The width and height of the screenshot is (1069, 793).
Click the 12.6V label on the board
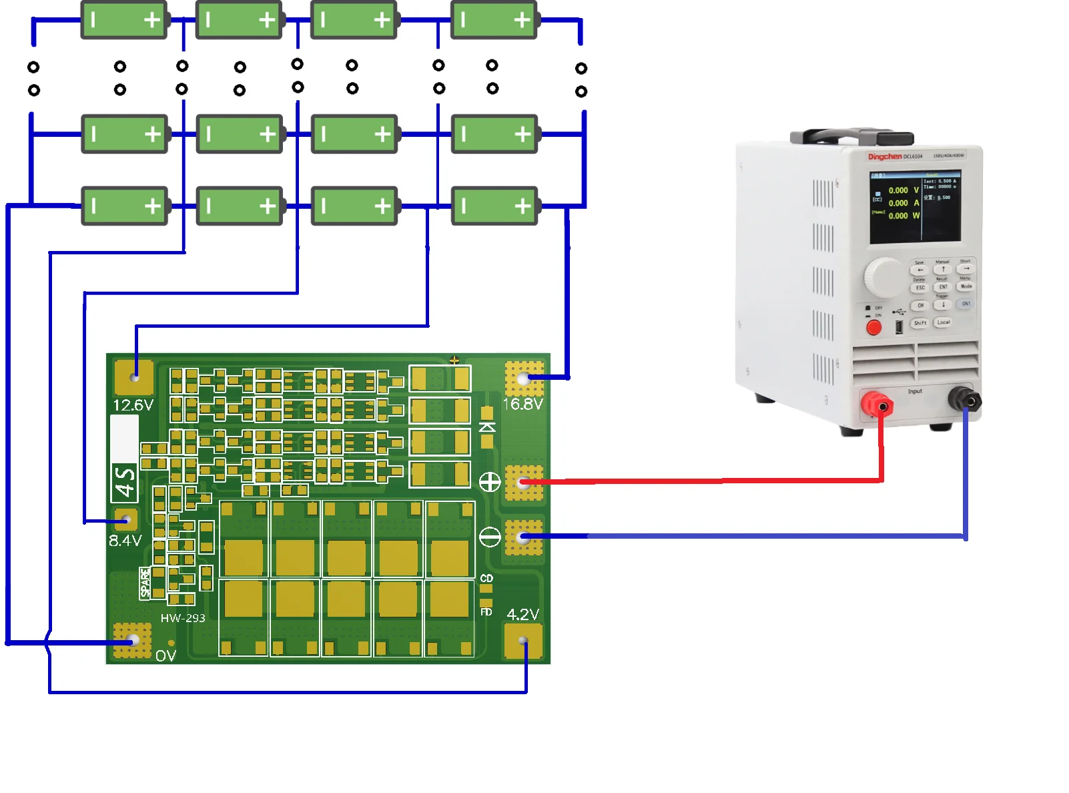(x=133, y=405)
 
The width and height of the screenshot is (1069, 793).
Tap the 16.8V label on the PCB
(x=522, y=405)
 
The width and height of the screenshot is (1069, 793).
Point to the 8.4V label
(x=125, y=541)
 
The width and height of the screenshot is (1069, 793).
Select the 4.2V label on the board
(x=522, y=614)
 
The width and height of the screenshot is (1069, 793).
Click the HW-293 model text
(x=183, y=618)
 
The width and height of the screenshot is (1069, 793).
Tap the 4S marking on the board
(x=125, y=483)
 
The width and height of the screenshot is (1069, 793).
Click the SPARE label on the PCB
(x=145, y=583)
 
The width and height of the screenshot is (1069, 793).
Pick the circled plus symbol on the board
(x=490, y=482)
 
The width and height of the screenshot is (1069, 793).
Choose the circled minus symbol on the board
(x=490, y=537)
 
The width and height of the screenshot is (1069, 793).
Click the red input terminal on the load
(x=877, y=405)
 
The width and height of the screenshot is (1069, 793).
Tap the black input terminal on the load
(x=966, y=401)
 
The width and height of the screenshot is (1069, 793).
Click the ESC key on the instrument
(x=920, y=288)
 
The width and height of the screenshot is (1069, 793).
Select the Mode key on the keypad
(x=966, y=286)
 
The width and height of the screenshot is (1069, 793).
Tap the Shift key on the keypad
(x=920, y=323)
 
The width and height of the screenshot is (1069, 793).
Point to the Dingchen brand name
(x=885, y=157)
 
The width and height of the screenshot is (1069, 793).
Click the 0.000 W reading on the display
(x=904, y=216)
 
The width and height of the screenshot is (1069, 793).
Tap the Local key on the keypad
(x=943, y=322)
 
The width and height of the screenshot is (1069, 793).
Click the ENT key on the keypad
(x=943, y=287)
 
